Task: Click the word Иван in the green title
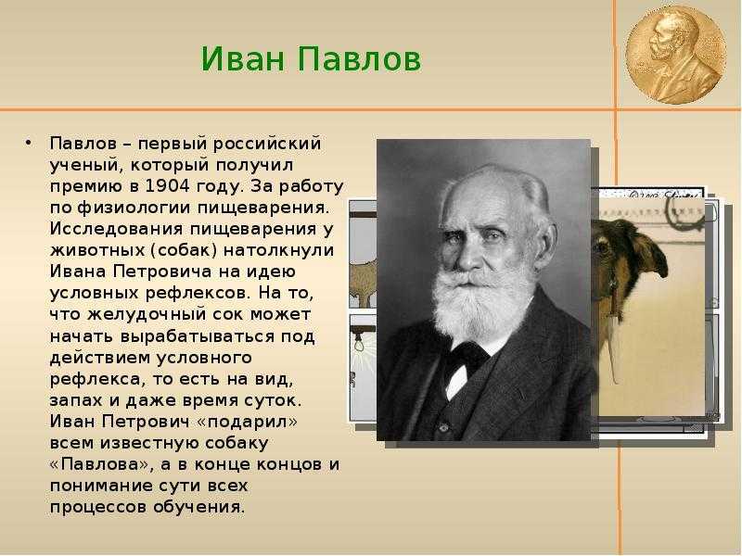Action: pyautogui.click(x=243, y=59)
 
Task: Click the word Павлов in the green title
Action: pyautogui.click(x=359, y=59)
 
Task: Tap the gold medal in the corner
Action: pyautogui.click(x=676, y=55)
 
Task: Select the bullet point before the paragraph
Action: pyautogui.click(x=29, y=143)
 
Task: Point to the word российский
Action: pyautogui.click(x=267, y=144)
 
